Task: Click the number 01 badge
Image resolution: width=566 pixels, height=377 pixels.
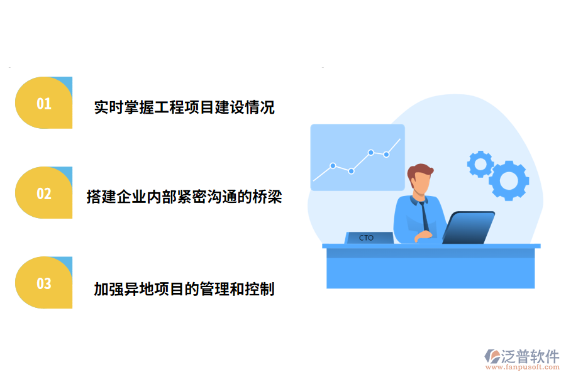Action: pyautogui.click(x=43, y=103)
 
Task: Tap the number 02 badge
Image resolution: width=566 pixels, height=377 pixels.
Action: pyautogui.click(x=43, y=194)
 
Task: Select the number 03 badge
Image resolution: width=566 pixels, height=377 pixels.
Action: pyautogui.click(x=43, y=283)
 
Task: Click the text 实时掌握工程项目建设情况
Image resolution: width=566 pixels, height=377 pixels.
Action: pyautogui.click(x=184, y=107)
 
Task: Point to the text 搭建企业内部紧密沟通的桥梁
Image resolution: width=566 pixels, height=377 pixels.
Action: pyautogui.click(x=184, y=197)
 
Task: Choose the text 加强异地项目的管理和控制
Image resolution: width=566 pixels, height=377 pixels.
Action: pyautogui.click(x=184, y=289)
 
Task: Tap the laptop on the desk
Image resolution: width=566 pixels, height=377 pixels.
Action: pyautogui.click(x=469, y=227)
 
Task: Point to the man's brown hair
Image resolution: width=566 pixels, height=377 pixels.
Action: pyautogui.click(x=419, y=170)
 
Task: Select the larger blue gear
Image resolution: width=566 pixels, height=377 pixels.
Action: pyautogui.click(x=508, y=180)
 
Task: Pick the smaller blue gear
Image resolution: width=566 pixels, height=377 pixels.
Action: pyautogui.click(x=480, y=164)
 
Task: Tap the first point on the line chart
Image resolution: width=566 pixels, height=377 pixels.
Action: pyautogui.click(x=333, y=166)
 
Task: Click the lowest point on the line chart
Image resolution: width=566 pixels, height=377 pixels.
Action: pyautogui.click(x=352, y=171)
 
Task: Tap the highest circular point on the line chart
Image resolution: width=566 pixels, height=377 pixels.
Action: pyautogui.click(x=371, y=152)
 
